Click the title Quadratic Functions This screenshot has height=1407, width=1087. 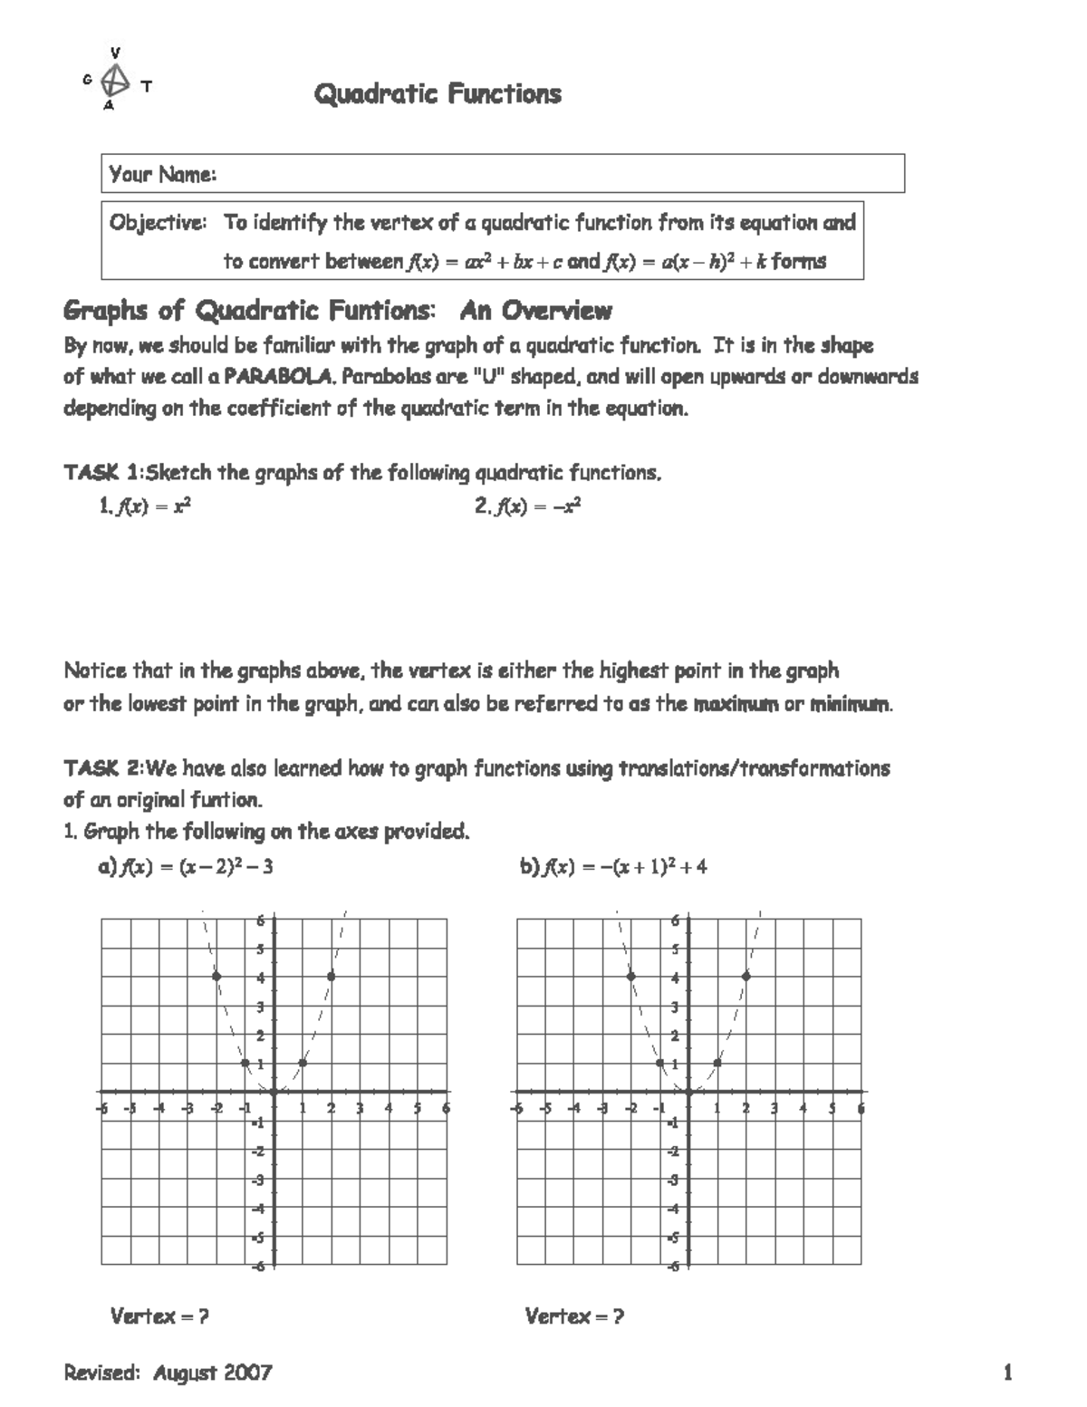438,94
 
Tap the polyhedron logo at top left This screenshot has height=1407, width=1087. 114,81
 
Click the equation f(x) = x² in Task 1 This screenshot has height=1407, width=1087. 145,507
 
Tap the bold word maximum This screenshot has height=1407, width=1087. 736,704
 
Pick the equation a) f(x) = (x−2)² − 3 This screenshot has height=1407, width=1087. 186,867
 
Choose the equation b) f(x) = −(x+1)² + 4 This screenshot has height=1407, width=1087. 613,867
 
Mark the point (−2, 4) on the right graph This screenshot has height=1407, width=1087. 631,976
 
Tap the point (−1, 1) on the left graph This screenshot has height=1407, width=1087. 245,1063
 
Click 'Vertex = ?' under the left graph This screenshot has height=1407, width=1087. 159,1316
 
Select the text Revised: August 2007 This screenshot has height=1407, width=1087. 168,1373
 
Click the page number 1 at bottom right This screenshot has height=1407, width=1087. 1007,1373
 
